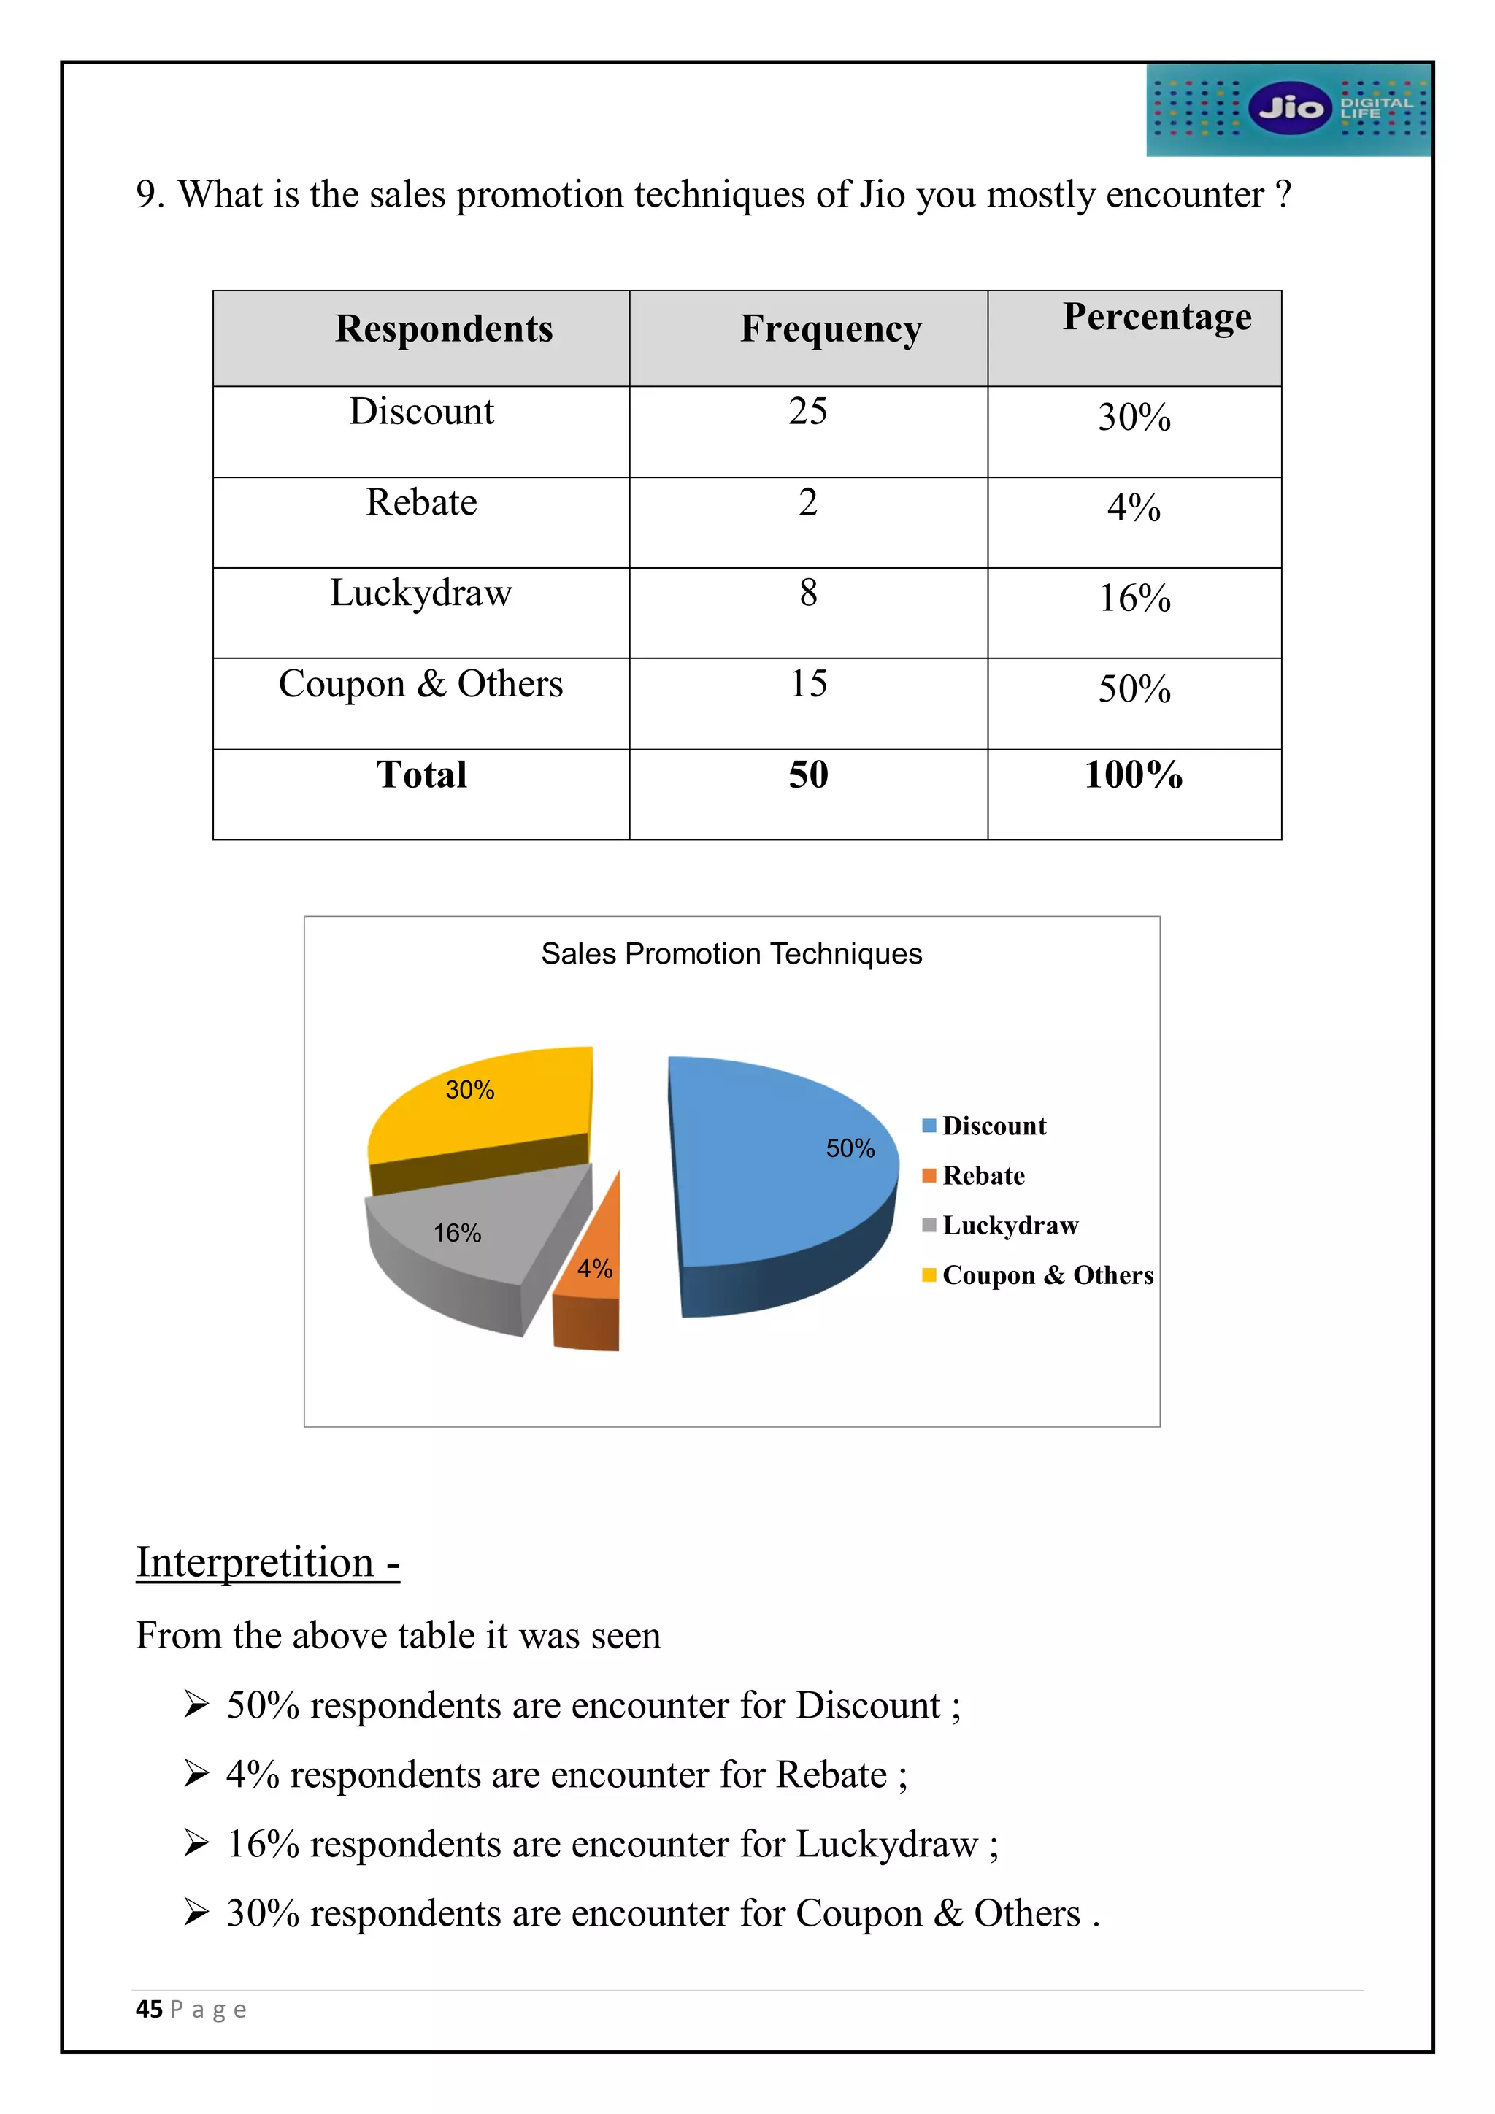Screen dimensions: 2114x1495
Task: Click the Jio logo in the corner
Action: coord(1289,109)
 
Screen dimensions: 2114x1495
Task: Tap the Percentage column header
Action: coord(1156,318)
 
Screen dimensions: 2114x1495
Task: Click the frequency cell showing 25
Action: coord(807,412)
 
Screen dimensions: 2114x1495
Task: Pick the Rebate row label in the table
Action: coord(422,503)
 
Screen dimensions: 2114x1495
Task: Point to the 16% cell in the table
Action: coord(1134,599)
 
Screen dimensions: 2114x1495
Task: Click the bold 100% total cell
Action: coord(1133,775)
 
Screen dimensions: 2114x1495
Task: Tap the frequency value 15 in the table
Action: coord(808,684)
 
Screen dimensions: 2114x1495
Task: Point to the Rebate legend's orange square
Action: coord(929,1176)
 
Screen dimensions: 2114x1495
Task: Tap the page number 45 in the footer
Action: coord(148,2009)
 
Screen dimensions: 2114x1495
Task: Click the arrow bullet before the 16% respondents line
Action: coord(196,1842)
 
